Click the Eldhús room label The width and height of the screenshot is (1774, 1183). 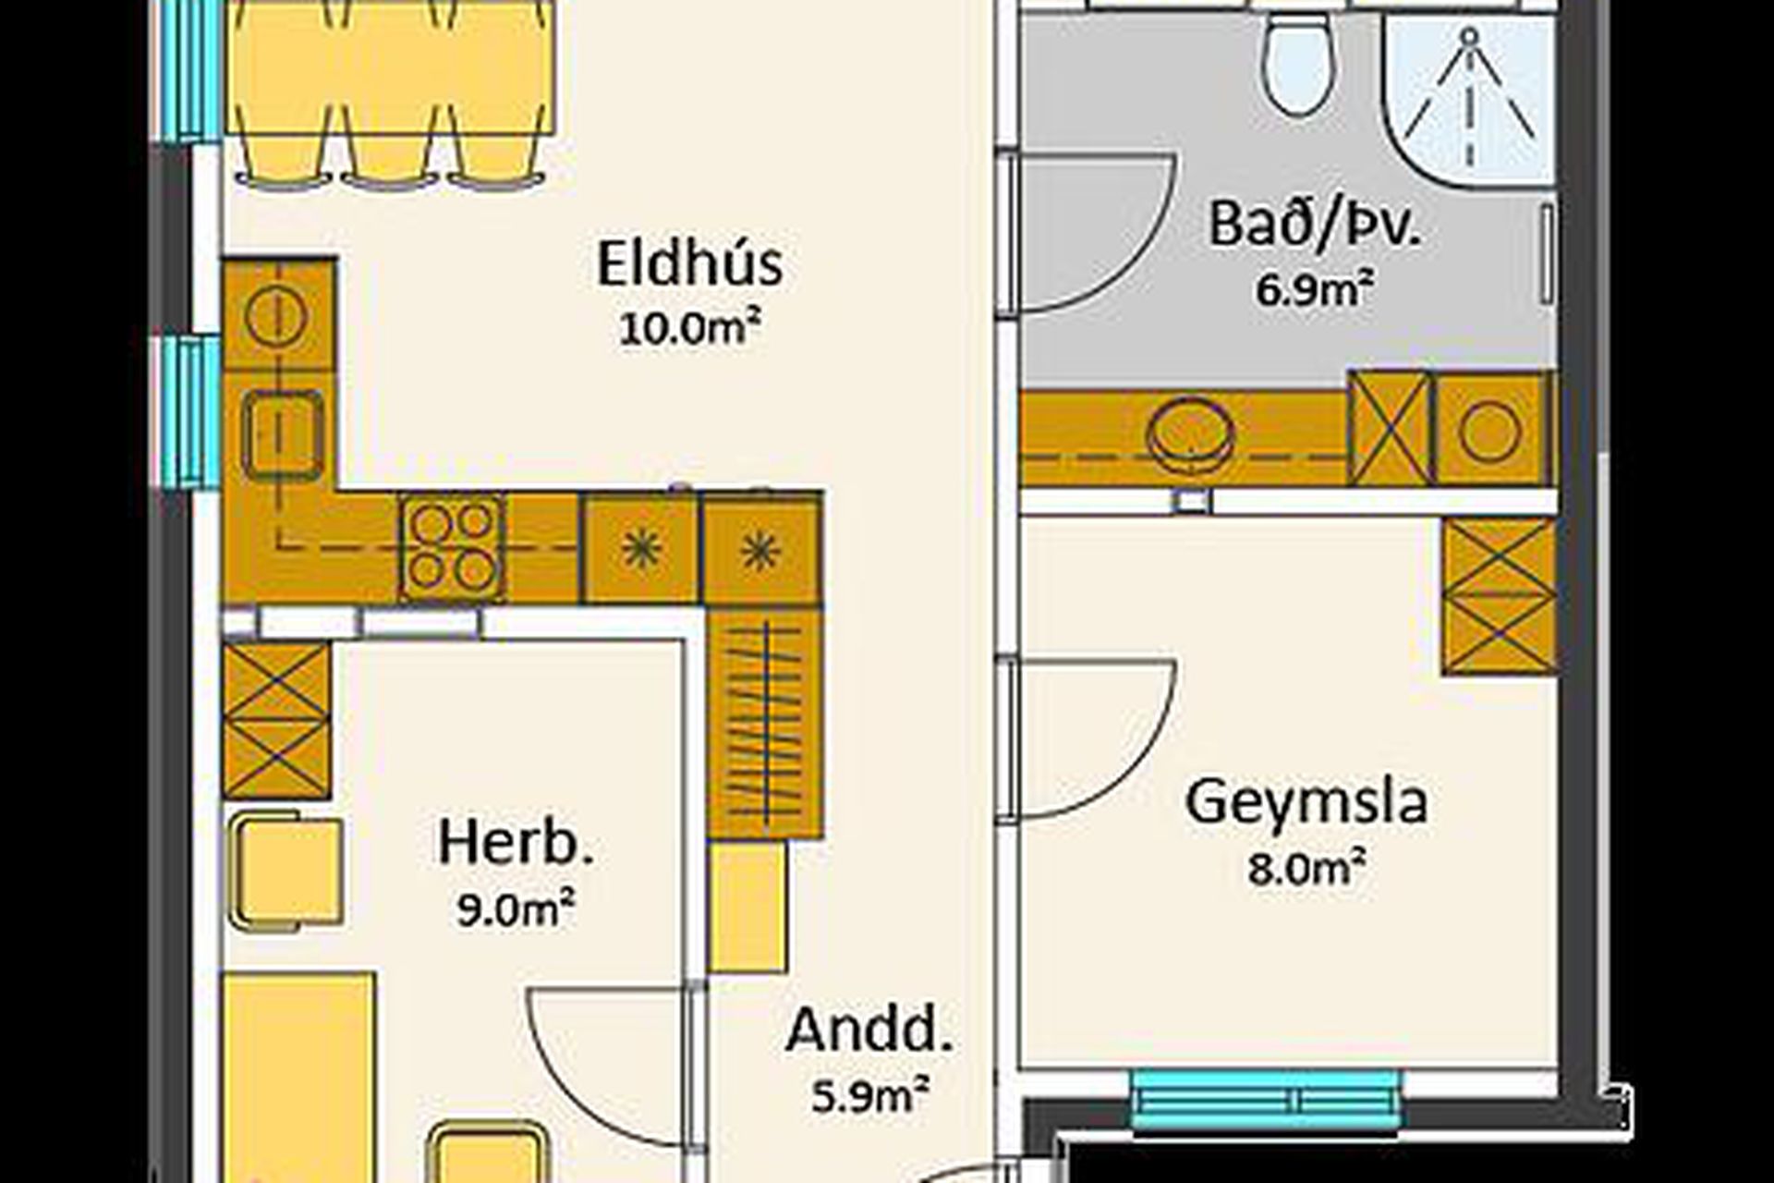point(689,264)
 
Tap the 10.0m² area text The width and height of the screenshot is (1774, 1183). point(689,328)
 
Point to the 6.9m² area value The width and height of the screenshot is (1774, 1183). point(1312,289)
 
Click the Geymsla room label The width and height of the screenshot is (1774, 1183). point(1306,802)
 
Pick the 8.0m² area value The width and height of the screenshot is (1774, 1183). point(1306,869)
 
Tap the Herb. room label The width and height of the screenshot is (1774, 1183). point(516,844)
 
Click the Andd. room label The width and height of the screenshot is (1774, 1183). point(868,1031)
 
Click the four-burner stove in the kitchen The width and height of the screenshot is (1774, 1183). point(452,547)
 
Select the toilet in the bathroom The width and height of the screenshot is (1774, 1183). point(1299,65)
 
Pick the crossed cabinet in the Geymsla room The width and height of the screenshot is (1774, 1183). point(1499,596)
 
